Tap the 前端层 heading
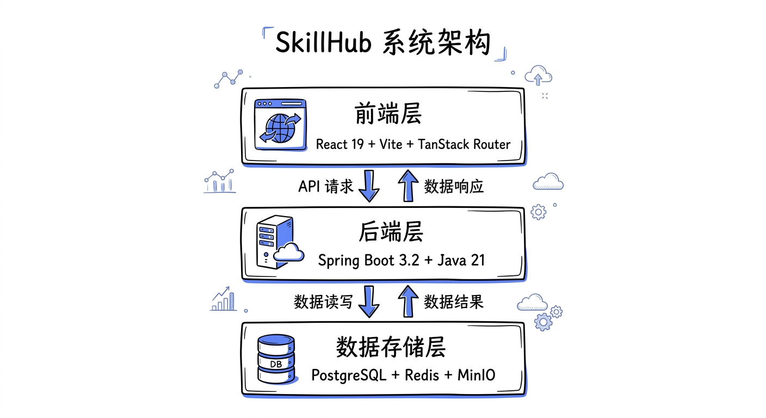tap(388, 115)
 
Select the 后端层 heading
tap(391, 232)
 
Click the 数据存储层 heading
tap(391, 347)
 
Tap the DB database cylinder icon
tap(276, 359)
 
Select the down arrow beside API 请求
tap(369, 186)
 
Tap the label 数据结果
tap(454, 302)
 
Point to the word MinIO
tap(477, 375)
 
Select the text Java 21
tap(461, 260)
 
